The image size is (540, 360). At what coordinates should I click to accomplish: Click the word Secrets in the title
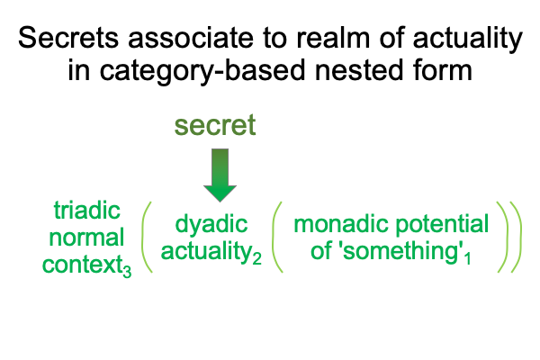click(68, 38)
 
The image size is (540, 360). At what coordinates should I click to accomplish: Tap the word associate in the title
click(191, 38)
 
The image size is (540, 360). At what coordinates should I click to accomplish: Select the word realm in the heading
click(333, 38)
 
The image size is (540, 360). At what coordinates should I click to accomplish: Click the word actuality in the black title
click(468, 40)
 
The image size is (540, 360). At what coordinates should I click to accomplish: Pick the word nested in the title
click(359, 70)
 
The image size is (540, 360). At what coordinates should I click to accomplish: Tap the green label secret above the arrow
click(215, 125)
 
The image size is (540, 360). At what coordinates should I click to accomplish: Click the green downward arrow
click(220, 175)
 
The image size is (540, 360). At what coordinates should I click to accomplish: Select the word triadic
click(86, 210)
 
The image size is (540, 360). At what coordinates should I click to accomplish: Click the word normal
click(86, 238)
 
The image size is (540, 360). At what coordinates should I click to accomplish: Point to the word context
click(82, 265)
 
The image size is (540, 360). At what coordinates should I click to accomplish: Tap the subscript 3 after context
click(127, 272)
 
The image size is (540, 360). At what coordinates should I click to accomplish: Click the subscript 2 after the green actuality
click(256, 258)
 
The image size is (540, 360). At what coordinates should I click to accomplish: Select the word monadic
click(342, 224)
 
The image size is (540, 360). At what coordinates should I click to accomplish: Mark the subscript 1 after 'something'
click(468, 258)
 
